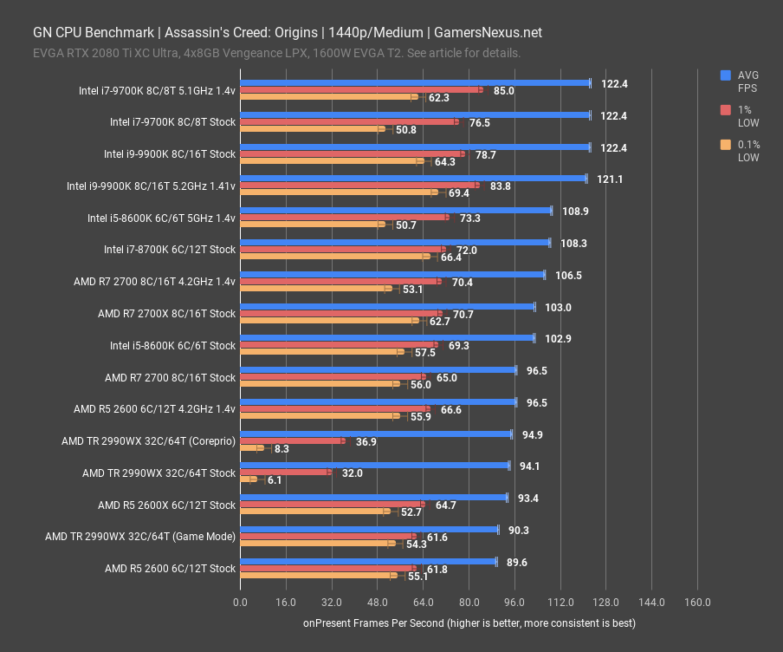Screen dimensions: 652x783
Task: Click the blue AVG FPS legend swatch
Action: click(x=726, y=75)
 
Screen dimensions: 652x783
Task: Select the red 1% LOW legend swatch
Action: click(x=726, y=110)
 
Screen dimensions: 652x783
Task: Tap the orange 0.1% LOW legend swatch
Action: click(x=726, y=145)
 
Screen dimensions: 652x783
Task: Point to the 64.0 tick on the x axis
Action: click(x=423, y=603)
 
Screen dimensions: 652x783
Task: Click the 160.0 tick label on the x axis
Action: click(x=697, y=603)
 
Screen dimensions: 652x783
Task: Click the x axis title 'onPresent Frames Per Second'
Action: click(x=469, y=623)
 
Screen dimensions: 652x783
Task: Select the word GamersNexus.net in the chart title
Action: click(x=488, y=33)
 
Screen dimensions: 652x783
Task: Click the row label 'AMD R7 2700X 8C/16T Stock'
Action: click(x=166, y=314)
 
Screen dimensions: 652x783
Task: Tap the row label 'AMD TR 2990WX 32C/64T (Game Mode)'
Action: click(x=140, y=537)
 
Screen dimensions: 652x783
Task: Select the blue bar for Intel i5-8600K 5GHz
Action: click(x=395, y=210)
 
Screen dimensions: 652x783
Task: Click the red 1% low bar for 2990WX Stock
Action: click(x=285, y=473)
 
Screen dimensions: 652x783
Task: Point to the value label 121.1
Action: click(x=611, y=179)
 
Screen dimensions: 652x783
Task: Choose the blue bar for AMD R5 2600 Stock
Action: click(x=367, y=561)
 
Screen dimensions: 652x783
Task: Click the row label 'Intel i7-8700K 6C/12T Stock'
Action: click(x=170, y=250)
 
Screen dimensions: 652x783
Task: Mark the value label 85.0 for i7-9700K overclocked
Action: click(x=504, y=90)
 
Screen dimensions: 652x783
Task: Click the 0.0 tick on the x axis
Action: click(x=240, y=603)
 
